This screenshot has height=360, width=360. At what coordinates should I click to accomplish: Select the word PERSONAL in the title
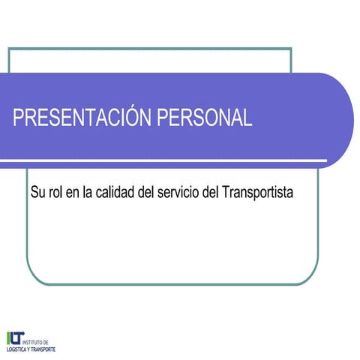tap(206, 118)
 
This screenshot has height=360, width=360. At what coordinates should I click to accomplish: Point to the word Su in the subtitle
tap(37, 192)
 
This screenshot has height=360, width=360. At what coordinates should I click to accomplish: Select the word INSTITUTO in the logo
tap(37, 341)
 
